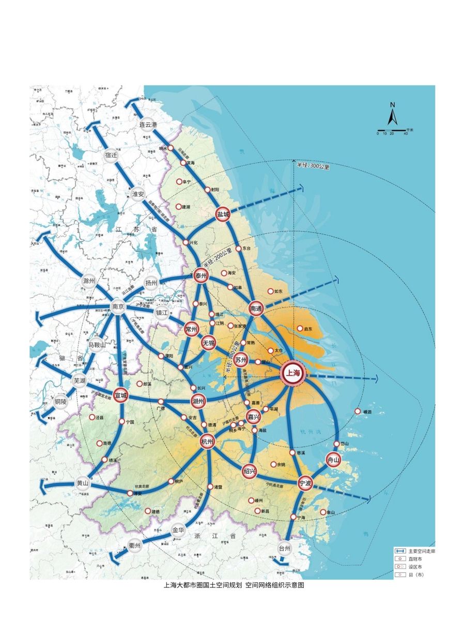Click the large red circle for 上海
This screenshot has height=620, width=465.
(293, 375)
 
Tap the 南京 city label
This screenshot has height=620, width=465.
(118, 306)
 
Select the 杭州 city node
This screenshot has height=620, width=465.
(207, 442)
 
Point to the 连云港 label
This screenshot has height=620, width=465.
(147, 125)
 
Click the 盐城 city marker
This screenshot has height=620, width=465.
(223, 215)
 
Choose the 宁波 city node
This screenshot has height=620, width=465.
(305, 483)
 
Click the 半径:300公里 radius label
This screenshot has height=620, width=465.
(313, 166)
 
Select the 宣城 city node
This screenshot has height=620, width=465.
(120, 395)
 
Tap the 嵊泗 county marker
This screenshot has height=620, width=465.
(358, 411)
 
